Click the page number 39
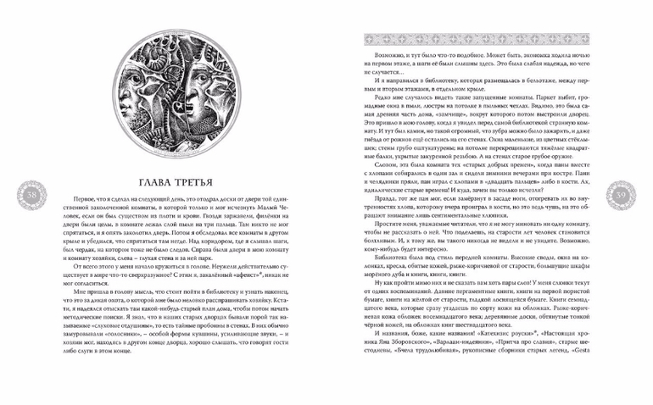[621, 198]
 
